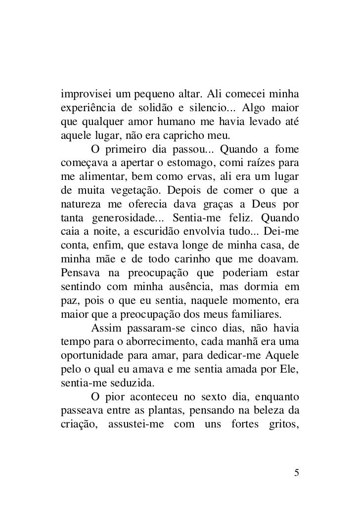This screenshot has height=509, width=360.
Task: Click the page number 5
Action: click(296, 472)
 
